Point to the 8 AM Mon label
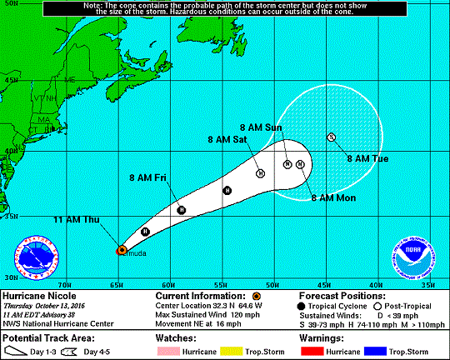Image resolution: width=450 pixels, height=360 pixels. [x=333, y=197]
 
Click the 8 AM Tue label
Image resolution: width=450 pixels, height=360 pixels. [x=367, y=157]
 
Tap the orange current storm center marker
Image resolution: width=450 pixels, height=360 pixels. [x=121, y=249]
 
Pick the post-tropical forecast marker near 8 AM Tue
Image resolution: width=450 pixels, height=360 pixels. [x=331, y=137]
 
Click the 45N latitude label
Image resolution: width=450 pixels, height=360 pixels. [x=12, y=81]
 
